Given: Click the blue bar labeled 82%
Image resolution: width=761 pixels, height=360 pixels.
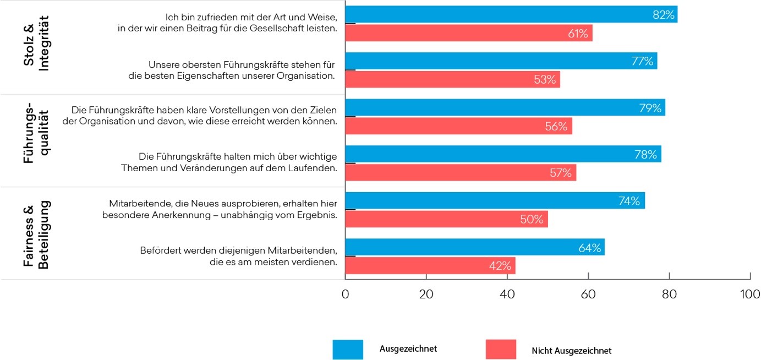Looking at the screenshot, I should click(511, 15).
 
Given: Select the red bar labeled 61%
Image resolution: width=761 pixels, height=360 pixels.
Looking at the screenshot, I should click(468, 34).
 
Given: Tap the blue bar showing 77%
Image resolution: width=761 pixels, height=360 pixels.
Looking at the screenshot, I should click(501, 61).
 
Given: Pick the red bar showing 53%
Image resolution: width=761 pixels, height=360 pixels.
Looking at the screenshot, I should click(452, 80).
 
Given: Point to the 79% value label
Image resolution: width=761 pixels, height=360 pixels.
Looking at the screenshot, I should click(650, 108).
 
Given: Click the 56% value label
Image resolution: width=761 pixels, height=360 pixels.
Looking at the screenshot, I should click(556, 127).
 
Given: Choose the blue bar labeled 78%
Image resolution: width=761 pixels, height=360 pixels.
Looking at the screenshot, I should click(503, 154).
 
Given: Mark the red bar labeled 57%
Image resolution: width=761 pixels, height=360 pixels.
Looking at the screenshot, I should click(460, 173).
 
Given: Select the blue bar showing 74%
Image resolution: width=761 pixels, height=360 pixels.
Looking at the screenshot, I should click(495, 201).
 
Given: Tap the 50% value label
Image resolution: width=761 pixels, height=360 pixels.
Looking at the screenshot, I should click(532, 220).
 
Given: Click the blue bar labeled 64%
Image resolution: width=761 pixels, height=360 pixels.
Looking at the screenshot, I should click(474, 247).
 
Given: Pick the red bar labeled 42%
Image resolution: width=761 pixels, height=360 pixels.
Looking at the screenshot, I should click(430, 266).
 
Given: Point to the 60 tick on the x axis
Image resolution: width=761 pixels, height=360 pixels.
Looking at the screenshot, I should click(588, 294).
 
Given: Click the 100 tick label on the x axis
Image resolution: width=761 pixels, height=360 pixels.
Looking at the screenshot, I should click(750, 294).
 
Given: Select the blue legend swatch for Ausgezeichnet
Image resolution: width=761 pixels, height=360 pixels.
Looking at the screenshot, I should click(348, 350).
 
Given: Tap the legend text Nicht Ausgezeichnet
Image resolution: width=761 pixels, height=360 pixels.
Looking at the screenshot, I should click(571, 351).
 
